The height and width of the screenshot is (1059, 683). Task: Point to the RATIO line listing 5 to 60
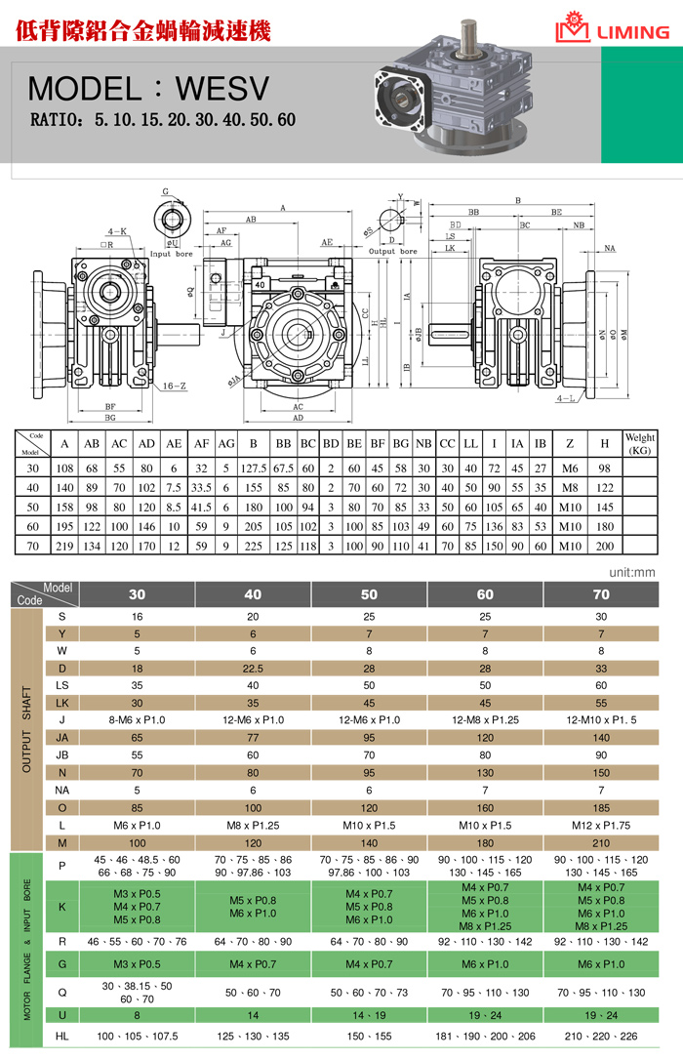pyautogui.click(x=163, y=121)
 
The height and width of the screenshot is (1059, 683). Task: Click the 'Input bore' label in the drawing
pyautogui.click(x=174, y=253)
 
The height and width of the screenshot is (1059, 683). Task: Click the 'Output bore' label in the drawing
pyautogui.click(x=394, y=251)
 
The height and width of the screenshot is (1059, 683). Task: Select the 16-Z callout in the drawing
pyautogui.click(x=174, y=387)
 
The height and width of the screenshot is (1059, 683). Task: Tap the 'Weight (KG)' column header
pyautogui.click(x=639, y=444)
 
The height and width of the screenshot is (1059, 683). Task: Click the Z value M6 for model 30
pyautogui.click(x=570, y=469)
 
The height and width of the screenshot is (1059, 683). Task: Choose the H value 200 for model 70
pyautogui.click(x=604, y=546)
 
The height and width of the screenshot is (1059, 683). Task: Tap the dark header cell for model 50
pyautogui.click(x=369, y=593)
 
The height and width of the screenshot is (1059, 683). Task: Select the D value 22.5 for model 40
pyautogui.click(x=253, y=669)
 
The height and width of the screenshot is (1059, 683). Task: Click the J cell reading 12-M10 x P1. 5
pyautogui.click(x=601, y=720)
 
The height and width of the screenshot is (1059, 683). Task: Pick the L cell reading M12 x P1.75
pyautogui.click(x=601, y=825)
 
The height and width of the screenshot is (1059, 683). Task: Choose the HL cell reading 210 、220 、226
pyautogui.click(x=601, y=1036)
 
